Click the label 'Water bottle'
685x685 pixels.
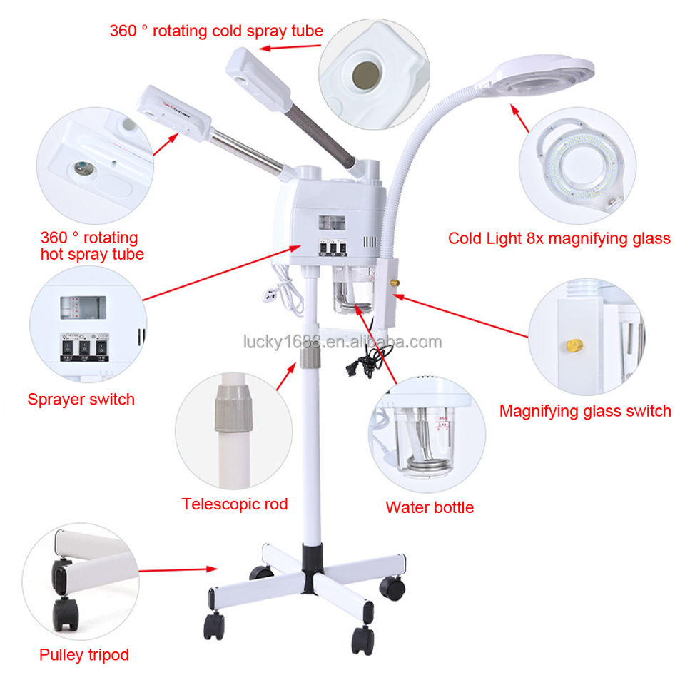[x=430, y=507]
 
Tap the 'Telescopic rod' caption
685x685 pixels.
[x=235, y=504]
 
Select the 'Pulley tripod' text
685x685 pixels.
[x=84, y=654]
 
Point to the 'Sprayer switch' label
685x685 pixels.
[x=81, y=399]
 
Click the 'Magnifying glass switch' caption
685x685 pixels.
[x=585, y=410]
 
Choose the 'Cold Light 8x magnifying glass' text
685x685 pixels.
[x=559, y=238]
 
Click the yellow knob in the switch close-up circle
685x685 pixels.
[x=572, y=345]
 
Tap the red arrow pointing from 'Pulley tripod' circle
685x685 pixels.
[x=178, y=569]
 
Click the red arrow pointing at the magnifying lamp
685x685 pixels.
[x=519, y=118]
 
